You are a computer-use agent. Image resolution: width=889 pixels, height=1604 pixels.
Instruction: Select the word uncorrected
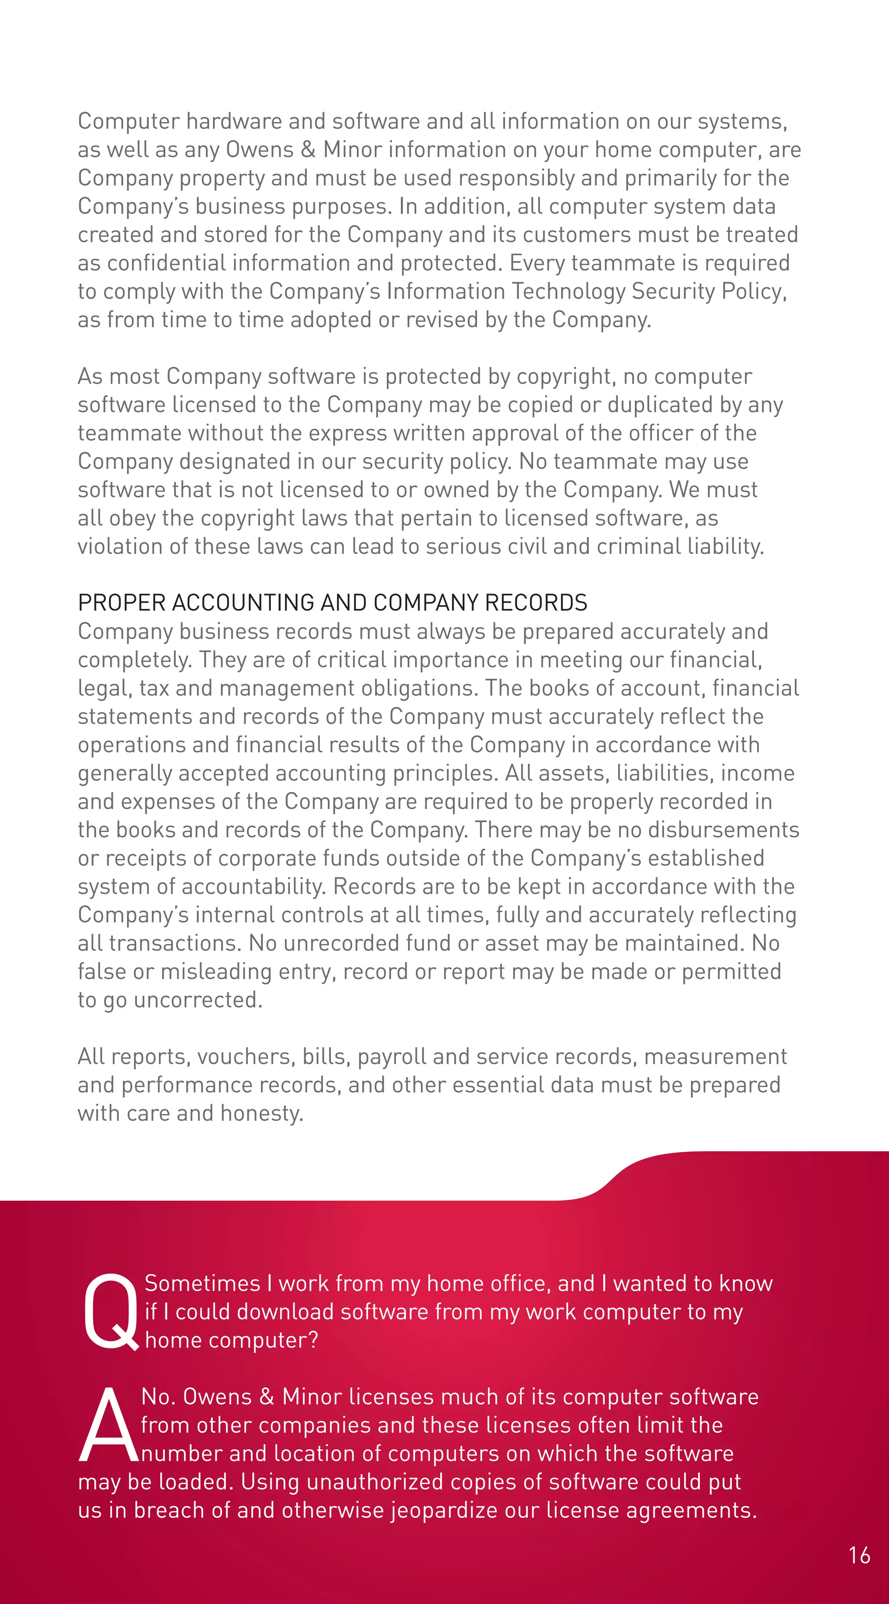(198, 1000)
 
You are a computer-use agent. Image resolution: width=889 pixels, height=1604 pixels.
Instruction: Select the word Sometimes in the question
(202, 1283)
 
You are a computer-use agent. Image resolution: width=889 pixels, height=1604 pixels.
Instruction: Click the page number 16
(859, 1555)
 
